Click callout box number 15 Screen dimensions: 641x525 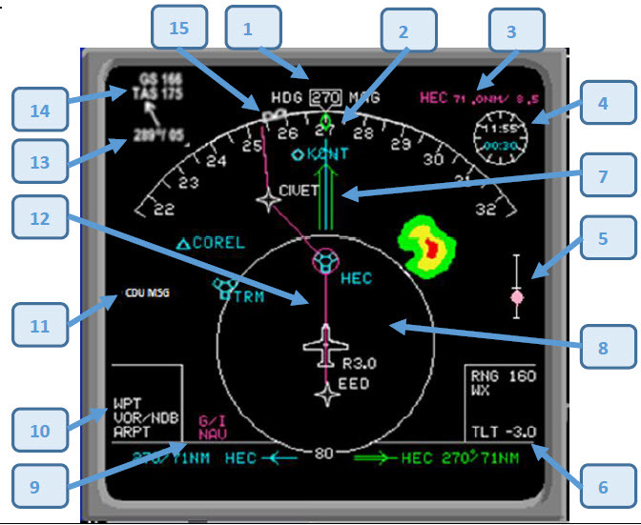coord(178,30)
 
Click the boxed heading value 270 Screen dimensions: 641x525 coord(325,97)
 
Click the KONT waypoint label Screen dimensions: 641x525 coord(330,153)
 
